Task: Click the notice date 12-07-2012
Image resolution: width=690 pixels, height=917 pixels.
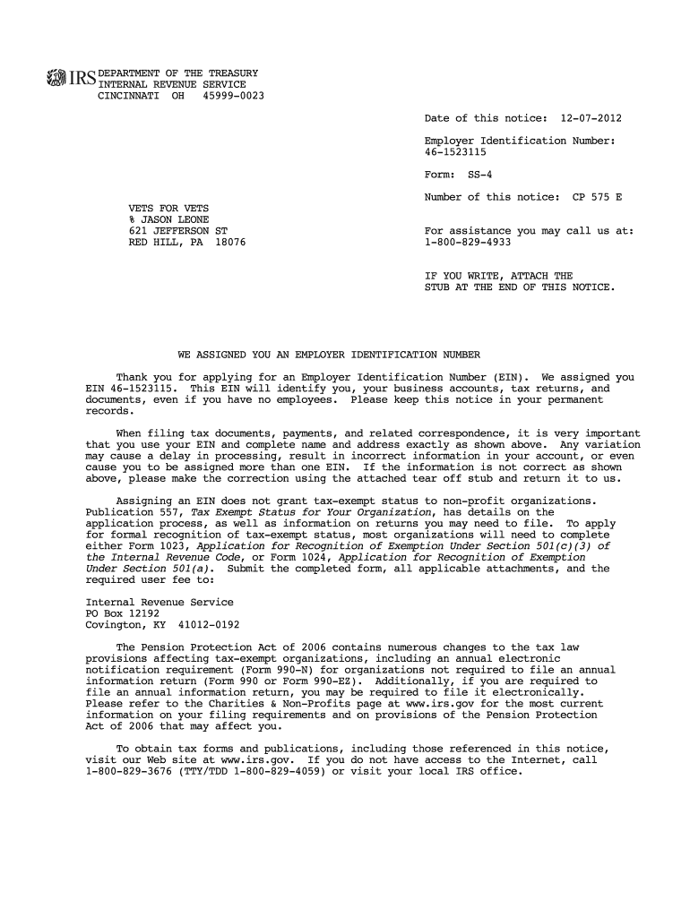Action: pos(591,118)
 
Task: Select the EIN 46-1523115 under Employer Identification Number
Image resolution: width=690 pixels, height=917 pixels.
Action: pos(455,152)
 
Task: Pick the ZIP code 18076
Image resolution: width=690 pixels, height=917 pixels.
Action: pos(230,243)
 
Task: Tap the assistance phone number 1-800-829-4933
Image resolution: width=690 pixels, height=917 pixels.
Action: pos(468,242)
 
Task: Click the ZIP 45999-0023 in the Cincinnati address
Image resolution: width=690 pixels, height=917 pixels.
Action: pos(234,95)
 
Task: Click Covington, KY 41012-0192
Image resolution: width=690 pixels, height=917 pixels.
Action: pos(162,624)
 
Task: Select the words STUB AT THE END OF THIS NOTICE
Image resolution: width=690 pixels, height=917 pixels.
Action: pos(520,287)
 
